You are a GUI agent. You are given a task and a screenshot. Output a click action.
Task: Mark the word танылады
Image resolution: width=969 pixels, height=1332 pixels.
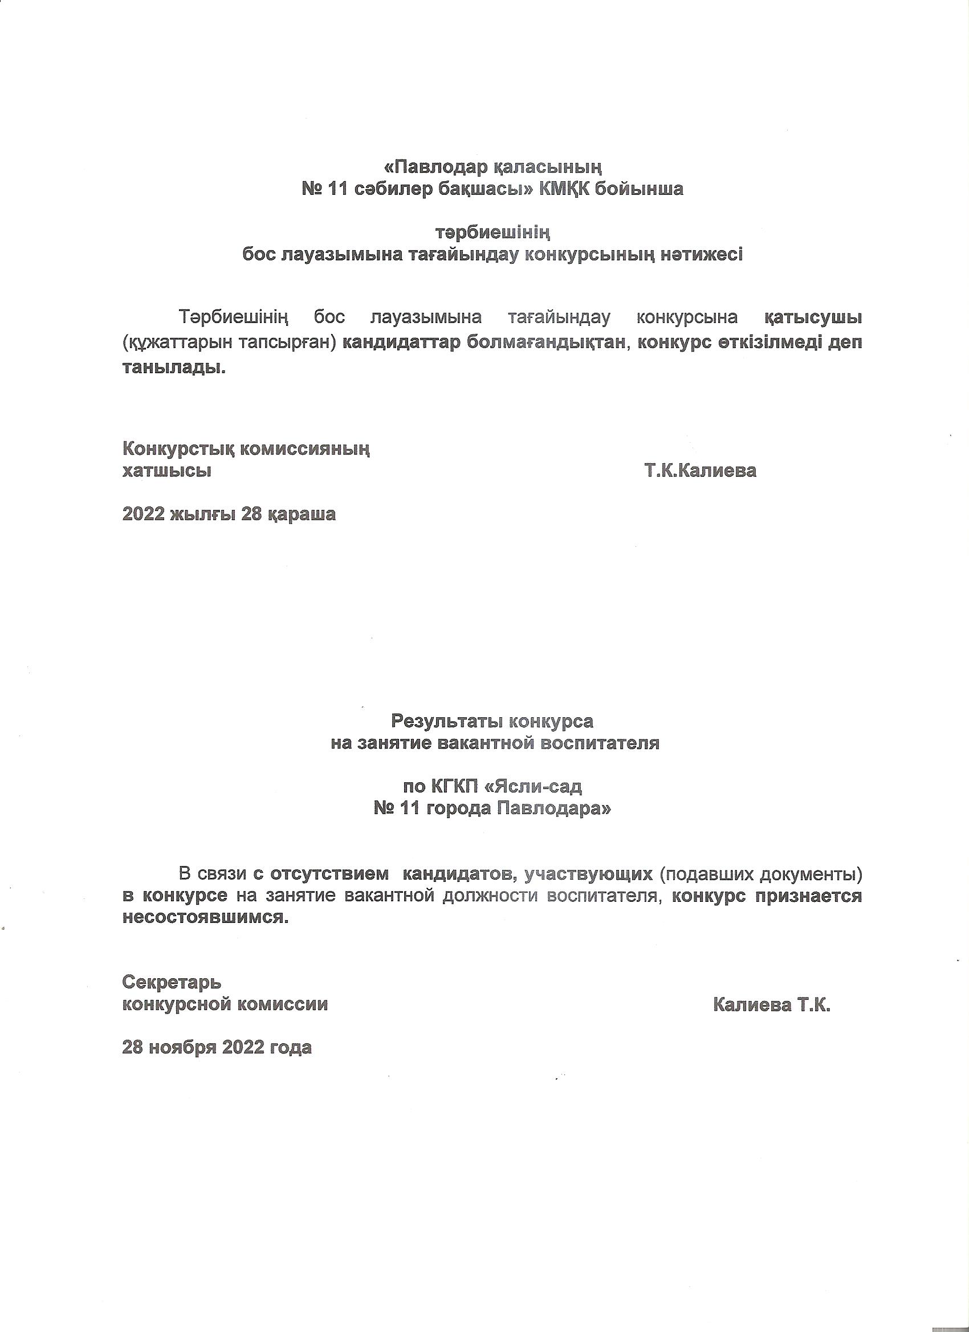174,368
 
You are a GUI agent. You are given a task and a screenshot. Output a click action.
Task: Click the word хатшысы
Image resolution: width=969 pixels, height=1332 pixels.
167,471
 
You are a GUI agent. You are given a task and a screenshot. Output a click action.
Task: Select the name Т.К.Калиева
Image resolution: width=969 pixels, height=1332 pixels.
700,471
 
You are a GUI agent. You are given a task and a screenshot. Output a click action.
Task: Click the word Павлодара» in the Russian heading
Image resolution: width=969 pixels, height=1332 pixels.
554,808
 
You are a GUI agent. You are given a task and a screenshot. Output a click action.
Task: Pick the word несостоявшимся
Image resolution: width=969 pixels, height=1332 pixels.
206,917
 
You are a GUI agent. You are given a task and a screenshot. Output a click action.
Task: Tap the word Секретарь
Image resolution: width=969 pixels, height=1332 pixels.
172,982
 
